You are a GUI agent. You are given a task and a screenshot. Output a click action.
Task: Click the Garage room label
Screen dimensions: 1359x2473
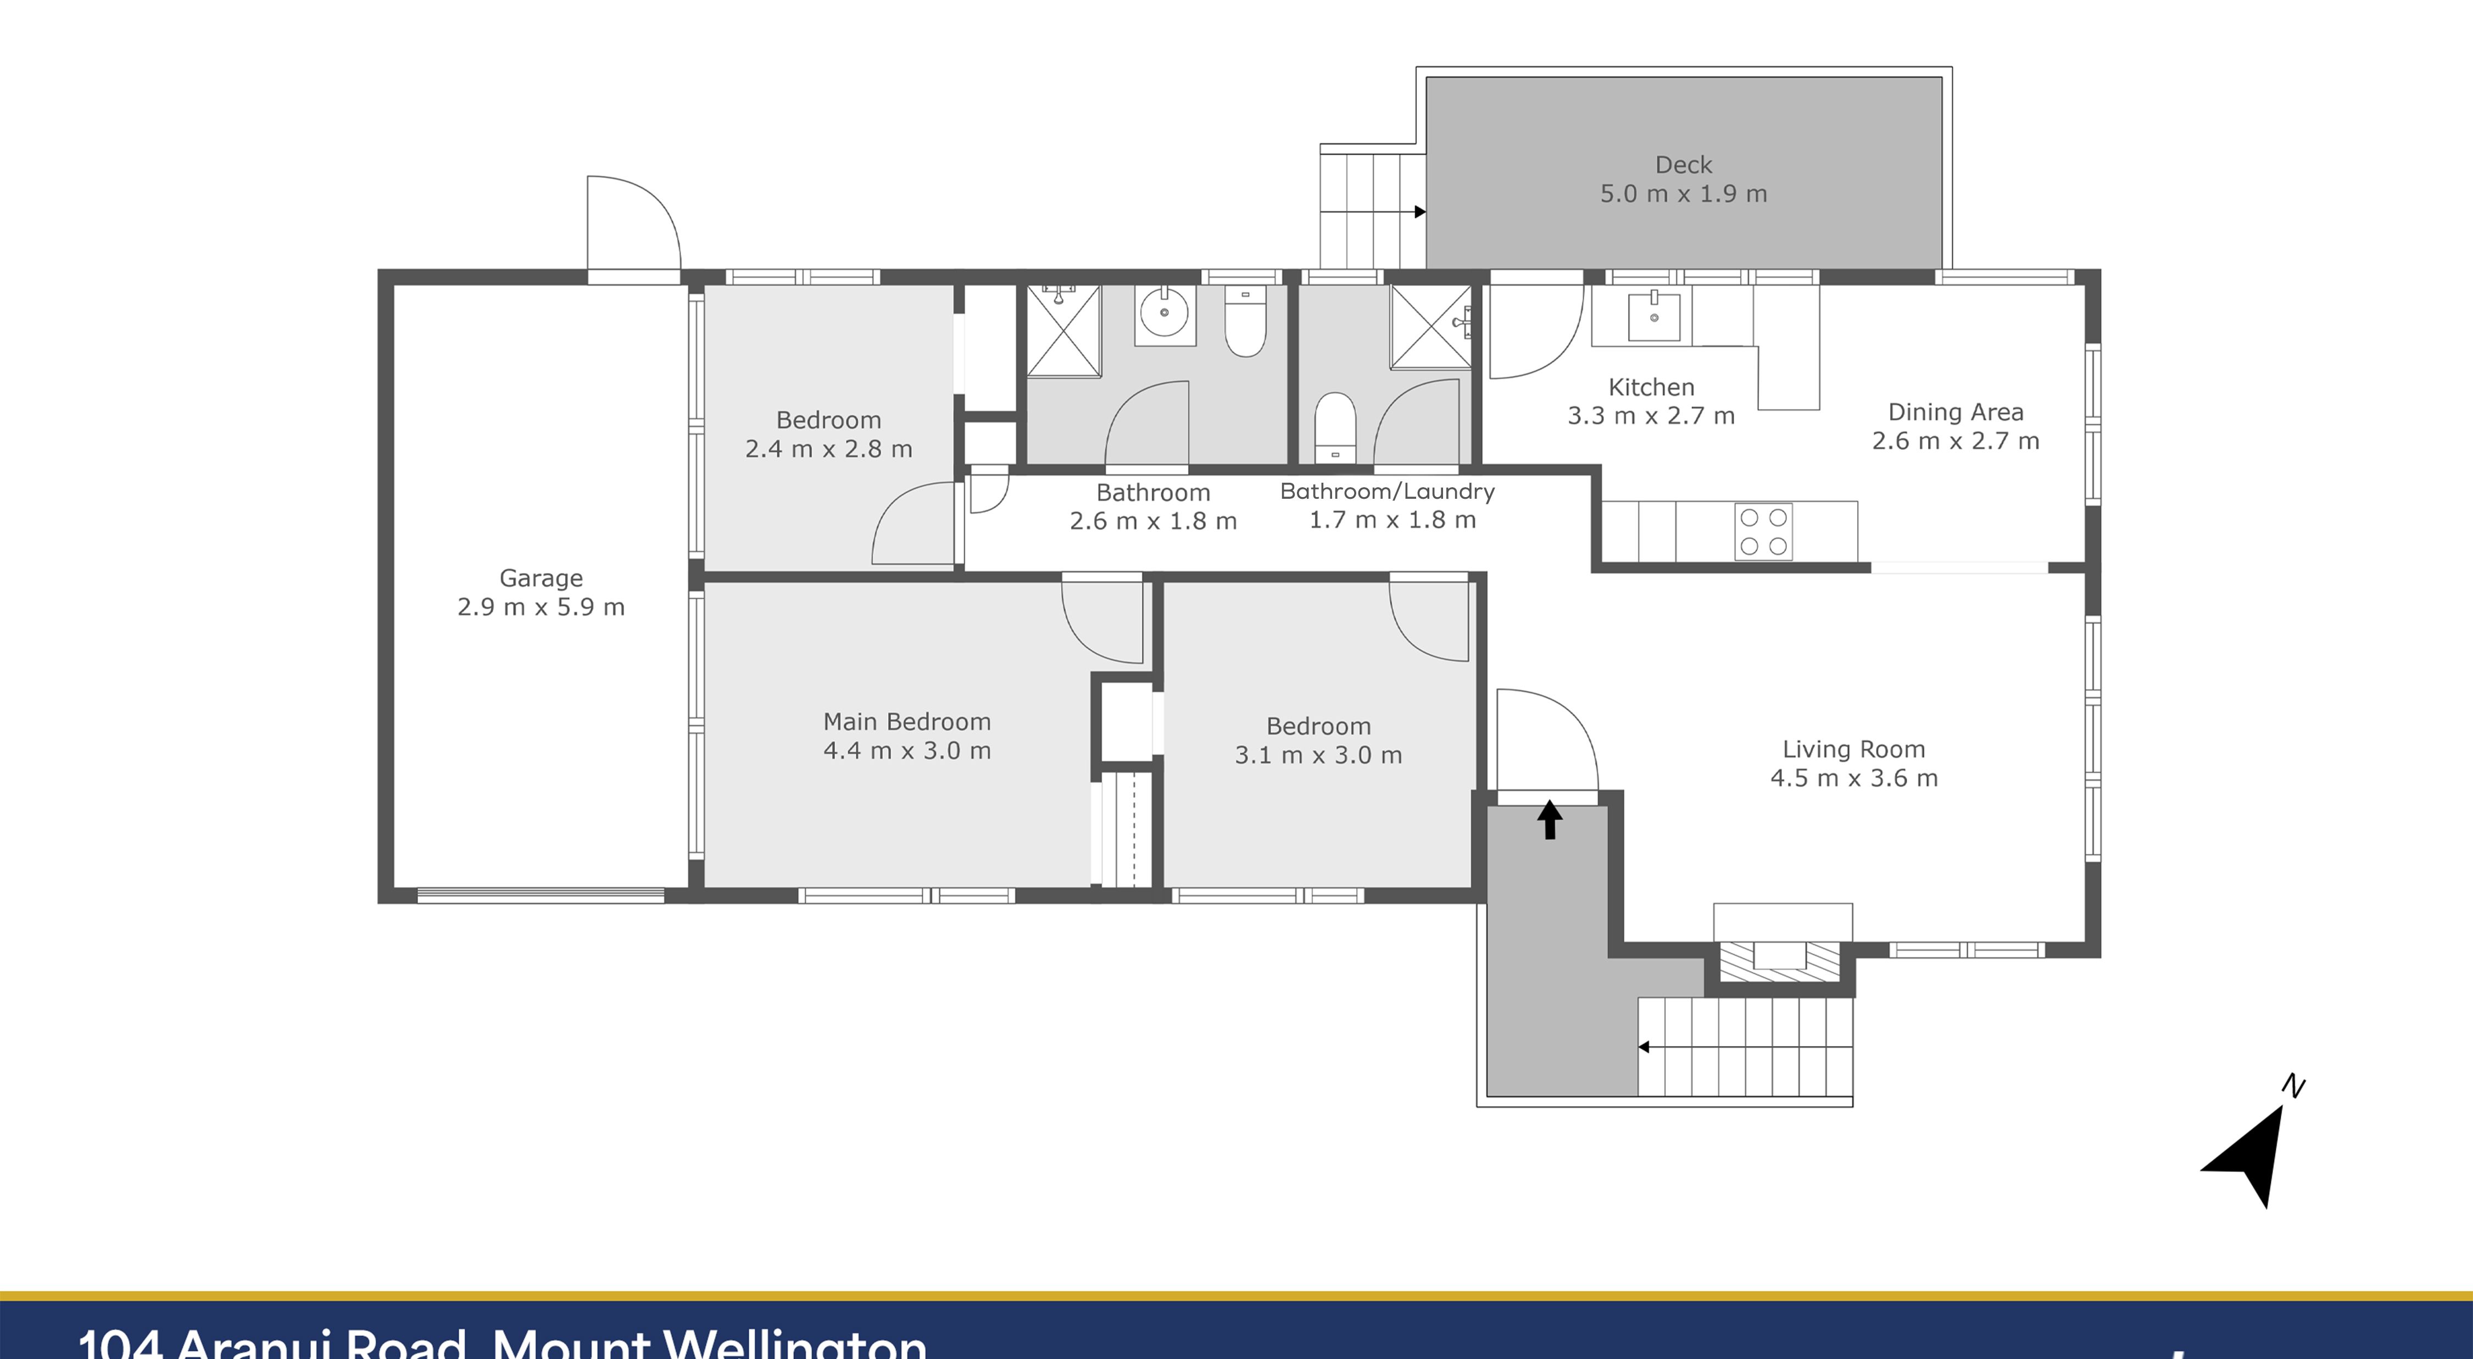tap(541, 578)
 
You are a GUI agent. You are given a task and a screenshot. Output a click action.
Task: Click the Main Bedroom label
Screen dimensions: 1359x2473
tap(906, 722)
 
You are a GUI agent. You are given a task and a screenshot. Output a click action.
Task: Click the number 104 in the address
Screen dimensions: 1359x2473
tap(119, 1344)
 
